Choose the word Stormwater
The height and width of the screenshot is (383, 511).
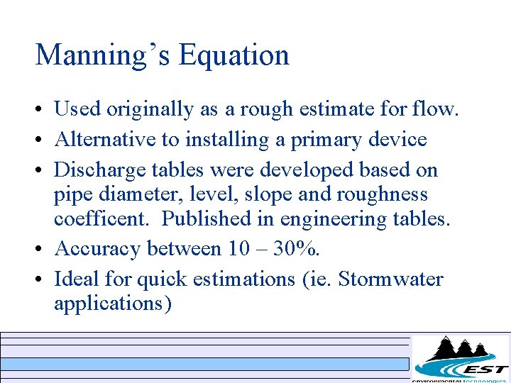pyautogui.click(x=390, y=279)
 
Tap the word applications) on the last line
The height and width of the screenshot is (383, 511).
pyautogui.click(x=113, y=304)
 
